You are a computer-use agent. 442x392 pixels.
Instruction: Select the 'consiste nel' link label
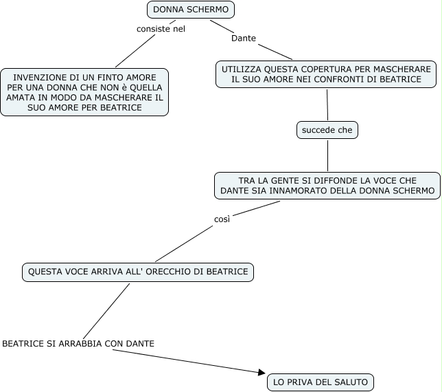coord(161,29)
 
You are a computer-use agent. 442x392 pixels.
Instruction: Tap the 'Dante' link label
coord(244,39)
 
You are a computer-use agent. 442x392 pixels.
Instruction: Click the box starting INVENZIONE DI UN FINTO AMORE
coord(84,92)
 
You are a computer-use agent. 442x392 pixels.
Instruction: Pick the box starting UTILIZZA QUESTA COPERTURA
coord(326,75)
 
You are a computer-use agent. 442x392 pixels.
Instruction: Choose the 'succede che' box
coord(327,130)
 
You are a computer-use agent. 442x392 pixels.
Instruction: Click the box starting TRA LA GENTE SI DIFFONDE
coord(327,185)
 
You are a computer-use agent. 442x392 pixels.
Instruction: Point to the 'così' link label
coord(222,219)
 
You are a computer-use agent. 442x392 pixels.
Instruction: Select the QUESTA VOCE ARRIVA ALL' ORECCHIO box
coord(138,272)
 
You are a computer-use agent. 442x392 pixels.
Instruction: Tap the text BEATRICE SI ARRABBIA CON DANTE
coord(78,343)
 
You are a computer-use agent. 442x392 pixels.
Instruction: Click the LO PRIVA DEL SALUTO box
coord(321,382)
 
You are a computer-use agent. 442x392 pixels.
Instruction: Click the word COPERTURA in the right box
coord(322,69)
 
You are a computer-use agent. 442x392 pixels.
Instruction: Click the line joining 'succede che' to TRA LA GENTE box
coord(327,155)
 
